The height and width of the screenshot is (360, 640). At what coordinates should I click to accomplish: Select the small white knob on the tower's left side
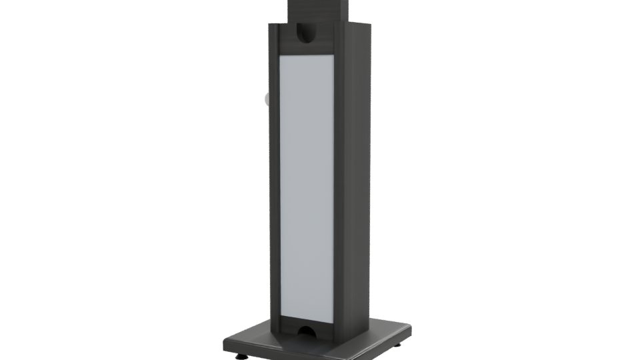click(x=267, y=100)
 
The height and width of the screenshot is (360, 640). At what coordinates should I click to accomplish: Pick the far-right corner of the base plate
click(x=408, y=327)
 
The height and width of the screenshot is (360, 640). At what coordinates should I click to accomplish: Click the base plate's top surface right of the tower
click(x=383, y=327)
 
